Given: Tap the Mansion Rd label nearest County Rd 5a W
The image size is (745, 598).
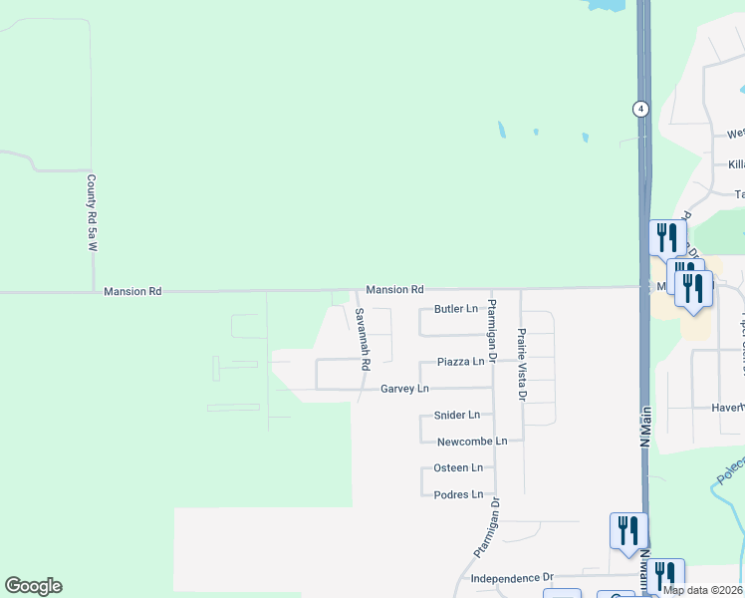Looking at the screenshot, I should point(132,292).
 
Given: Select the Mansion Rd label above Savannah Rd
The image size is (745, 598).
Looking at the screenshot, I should point(394,289).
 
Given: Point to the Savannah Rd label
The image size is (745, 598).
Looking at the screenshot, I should point(364,339).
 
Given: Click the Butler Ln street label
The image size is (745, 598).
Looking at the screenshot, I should point(456,309).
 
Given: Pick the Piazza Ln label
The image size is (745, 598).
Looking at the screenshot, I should point(461,362).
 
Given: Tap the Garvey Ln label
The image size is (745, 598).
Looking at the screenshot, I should point(404,389).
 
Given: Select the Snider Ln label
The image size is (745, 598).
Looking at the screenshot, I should point(458,415).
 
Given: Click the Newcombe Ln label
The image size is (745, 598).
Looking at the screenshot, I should point(472,441).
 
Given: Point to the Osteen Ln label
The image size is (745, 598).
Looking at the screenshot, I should point(458,467).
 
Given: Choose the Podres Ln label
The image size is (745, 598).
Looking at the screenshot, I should point(458,494).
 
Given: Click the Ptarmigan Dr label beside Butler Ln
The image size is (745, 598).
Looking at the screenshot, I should point(492,330).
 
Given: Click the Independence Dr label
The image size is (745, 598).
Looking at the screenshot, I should point(511,578).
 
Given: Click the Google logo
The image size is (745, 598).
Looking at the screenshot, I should point(33,586).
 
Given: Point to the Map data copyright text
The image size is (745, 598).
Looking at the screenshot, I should point(702,590).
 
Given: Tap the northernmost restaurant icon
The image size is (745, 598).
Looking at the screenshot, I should point(666,237).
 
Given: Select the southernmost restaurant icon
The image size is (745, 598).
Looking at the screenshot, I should point(664,575).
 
